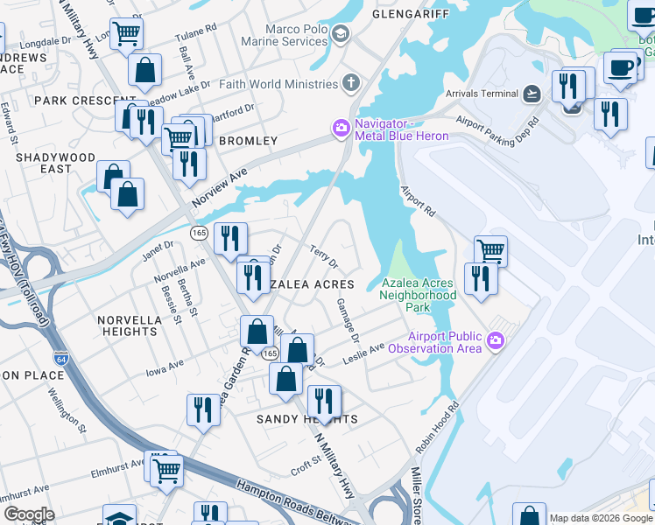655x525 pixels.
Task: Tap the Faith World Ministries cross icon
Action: click(350, 84)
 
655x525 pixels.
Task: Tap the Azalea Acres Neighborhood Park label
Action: click(419, 295)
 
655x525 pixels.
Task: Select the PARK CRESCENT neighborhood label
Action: click(73, 101)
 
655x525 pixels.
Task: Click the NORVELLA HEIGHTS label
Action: click(129, 325)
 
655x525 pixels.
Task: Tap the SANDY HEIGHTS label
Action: click(306, 420)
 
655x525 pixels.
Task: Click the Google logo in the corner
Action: click(28, 514)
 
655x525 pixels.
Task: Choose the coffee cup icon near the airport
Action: click(622, 66)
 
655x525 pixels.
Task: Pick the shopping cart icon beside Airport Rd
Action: click(491, 251)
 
